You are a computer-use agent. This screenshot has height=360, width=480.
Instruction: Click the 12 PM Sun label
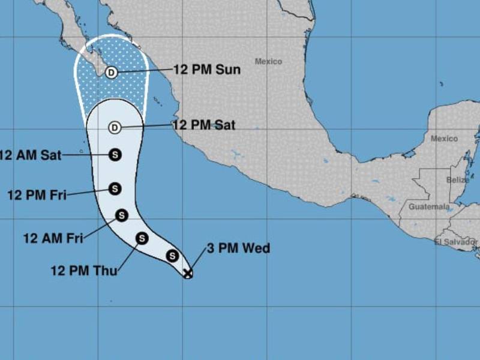pos(207,70)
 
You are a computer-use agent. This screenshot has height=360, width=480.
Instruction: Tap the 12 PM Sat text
pos(204,125)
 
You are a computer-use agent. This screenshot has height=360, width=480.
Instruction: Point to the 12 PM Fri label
pos(37,194)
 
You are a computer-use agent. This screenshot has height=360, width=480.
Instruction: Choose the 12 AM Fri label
pos(53,238)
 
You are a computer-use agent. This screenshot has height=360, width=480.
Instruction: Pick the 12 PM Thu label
pos(84,270)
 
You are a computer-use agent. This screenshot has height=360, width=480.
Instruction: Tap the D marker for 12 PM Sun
pos(111,73)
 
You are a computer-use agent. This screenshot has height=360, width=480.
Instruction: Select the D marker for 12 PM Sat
pos(115,127)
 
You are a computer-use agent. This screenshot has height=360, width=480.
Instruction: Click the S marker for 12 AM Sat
pos(115,155)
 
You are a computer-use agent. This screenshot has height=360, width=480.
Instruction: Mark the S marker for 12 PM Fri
pos(115,189)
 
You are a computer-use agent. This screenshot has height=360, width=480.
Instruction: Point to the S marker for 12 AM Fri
pos(122,215)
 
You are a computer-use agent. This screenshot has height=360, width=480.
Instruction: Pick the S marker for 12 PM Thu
pos(142,239)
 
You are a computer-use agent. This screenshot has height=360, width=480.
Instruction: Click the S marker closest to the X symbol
pos(172,256)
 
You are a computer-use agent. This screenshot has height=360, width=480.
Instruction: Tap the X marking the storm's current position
pos(188,274)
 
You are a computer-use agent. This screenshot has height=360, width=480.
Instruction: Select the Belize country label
pos(458,180)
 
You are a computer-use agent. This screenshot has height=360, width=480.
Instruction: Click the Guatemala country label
pos(429,207)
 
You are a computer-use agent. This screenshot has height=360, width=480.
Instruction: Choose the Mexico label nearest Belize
pos(444,139)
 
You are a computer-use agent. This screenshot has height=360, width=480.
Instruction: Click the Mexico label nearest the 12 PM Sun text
pos(268,61)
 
